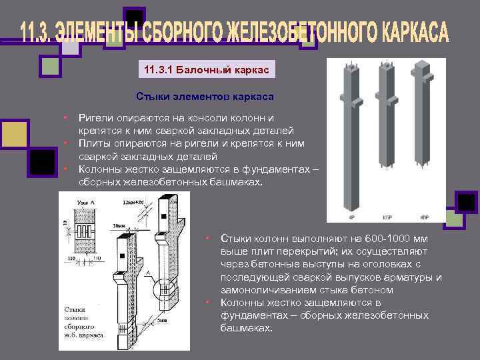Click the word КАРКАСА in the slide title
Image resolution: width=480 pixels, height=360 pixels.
(406, 33)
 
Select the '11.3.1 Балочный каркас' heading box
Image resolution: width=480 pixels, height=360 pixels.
(208, 69)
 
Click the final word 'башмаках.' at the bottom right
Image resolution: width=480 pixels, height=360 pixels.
(246, 328)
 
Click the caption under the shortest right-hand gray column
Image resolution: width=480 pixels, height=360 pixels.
(424, 217)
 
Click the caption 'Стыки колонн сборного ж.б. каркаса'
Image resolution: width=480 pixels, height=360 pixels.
(83, 323)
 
